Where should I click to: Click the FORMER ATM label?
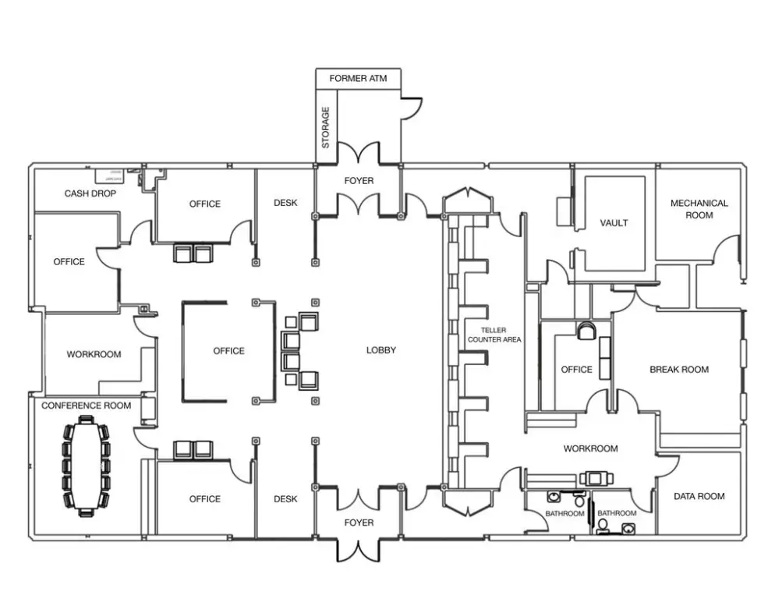(x=358, y=79)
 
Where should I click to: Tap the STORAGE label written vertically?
(x=326, y=128)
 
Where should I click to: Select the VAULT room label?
(x=614, y=223)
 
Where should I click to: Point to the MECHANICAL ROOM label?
(x=699, y=209)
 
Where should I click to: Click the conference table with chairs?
(x=87, y=466)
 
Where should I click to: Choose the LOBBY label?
(x=381, y=350)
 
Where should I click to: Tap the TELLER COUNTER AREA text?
(x=494, y=335)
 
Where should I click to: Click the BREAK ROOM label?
(x=679, y=370)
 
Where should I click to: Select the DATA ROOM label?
(x=699, y=496)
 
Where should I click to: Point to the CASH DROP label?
(x=90, y=193)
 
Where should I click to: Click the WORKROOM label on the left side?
(x=94, y=354)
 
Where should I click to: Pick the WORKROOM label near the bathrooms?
(x=590, y=448)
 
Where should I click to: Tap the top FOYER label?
(x=359, y=181)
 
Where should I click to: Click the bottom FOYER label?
(x=359, y=523)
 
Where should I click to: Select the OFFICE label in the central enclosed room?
(x=228, y=351)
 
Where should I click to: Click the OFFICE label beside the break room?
(x=576, y=370)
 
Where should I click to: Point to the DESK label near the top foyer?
(x=285, y=203)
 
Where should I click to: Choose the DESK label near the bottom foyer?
(x=285, y=499)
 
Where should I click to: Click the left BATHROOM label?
(x=565, y=514)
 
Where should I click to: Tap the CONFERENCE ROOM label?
(x=86, y=406)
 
